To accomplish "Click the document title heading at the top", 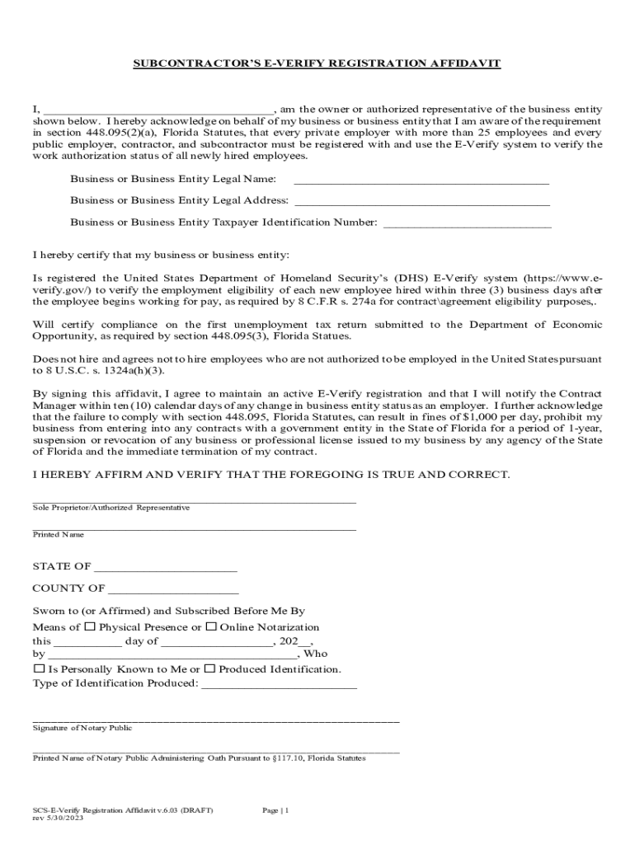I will [317, 63].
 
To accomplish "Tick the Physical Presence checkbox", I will [90, 627].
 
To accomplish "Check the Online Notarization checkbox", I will [211, 627].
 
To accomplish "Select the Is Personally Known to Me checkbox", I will [39, 668].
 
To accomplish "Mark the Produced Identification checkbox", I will [209, 668].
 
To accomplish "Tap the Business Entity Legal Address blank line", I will [421, 201].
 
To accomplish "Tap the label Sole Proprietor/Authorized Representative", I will [111, 508].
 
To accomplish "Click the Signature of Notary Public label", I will [82, 728].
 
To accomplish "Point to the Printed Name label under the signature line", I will [59, 535].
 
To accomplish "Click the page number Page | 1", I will [275, 811].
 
